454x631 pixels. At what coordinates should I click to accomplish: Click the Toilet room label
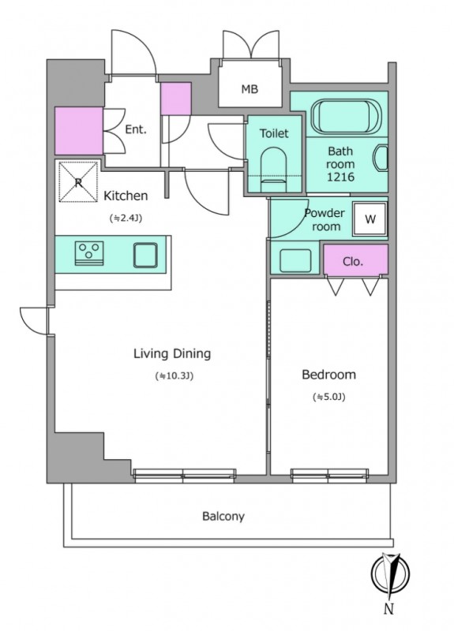pos(274,133)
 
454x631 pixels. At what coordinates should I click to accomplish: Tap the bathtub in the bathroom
pos(346,116)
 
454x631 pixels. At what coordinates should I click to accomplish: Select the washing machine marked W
pos(370,219)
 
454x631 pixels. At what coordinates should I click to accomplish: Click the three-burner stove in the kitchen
pos(89,253)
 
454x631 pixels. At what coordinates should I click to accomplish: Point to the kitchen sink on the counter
pos(145,255)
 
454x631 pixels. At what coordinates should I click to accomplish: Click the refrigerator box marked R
pos(78,182)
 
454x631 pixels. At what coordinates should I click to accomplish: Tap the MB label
pos(250,89)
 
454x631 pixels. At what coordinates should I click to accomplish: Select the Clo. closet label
pos(353,262)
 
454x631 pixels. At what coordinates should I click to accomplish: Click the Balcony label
pos(223,517)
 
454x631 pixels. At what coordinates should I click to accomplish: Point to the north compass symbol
pos(390,573)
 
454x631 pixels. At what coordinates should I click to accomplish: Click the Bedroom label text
pos(328,375)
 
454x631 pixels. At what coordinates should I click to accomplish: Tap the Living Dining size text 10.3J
pos(174,376)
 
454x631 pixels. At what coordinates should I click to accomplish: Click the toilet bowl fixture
pos(274,169)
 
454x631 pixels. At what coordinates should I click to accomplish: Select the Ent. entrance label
pos(136,129)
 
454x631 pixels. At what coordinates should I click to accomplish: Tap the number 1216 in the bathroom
pos(340,177)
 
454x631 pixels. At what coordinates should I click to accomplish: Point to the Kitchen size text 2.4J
pos(126,218)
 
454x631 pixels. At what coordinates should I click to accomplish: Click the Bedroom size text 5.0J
pos(328,398)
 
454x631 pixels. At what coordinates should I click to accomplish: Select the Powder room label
pos(325,220)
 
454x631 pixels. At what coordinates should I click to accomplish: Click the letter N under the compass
pos(388,610)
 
